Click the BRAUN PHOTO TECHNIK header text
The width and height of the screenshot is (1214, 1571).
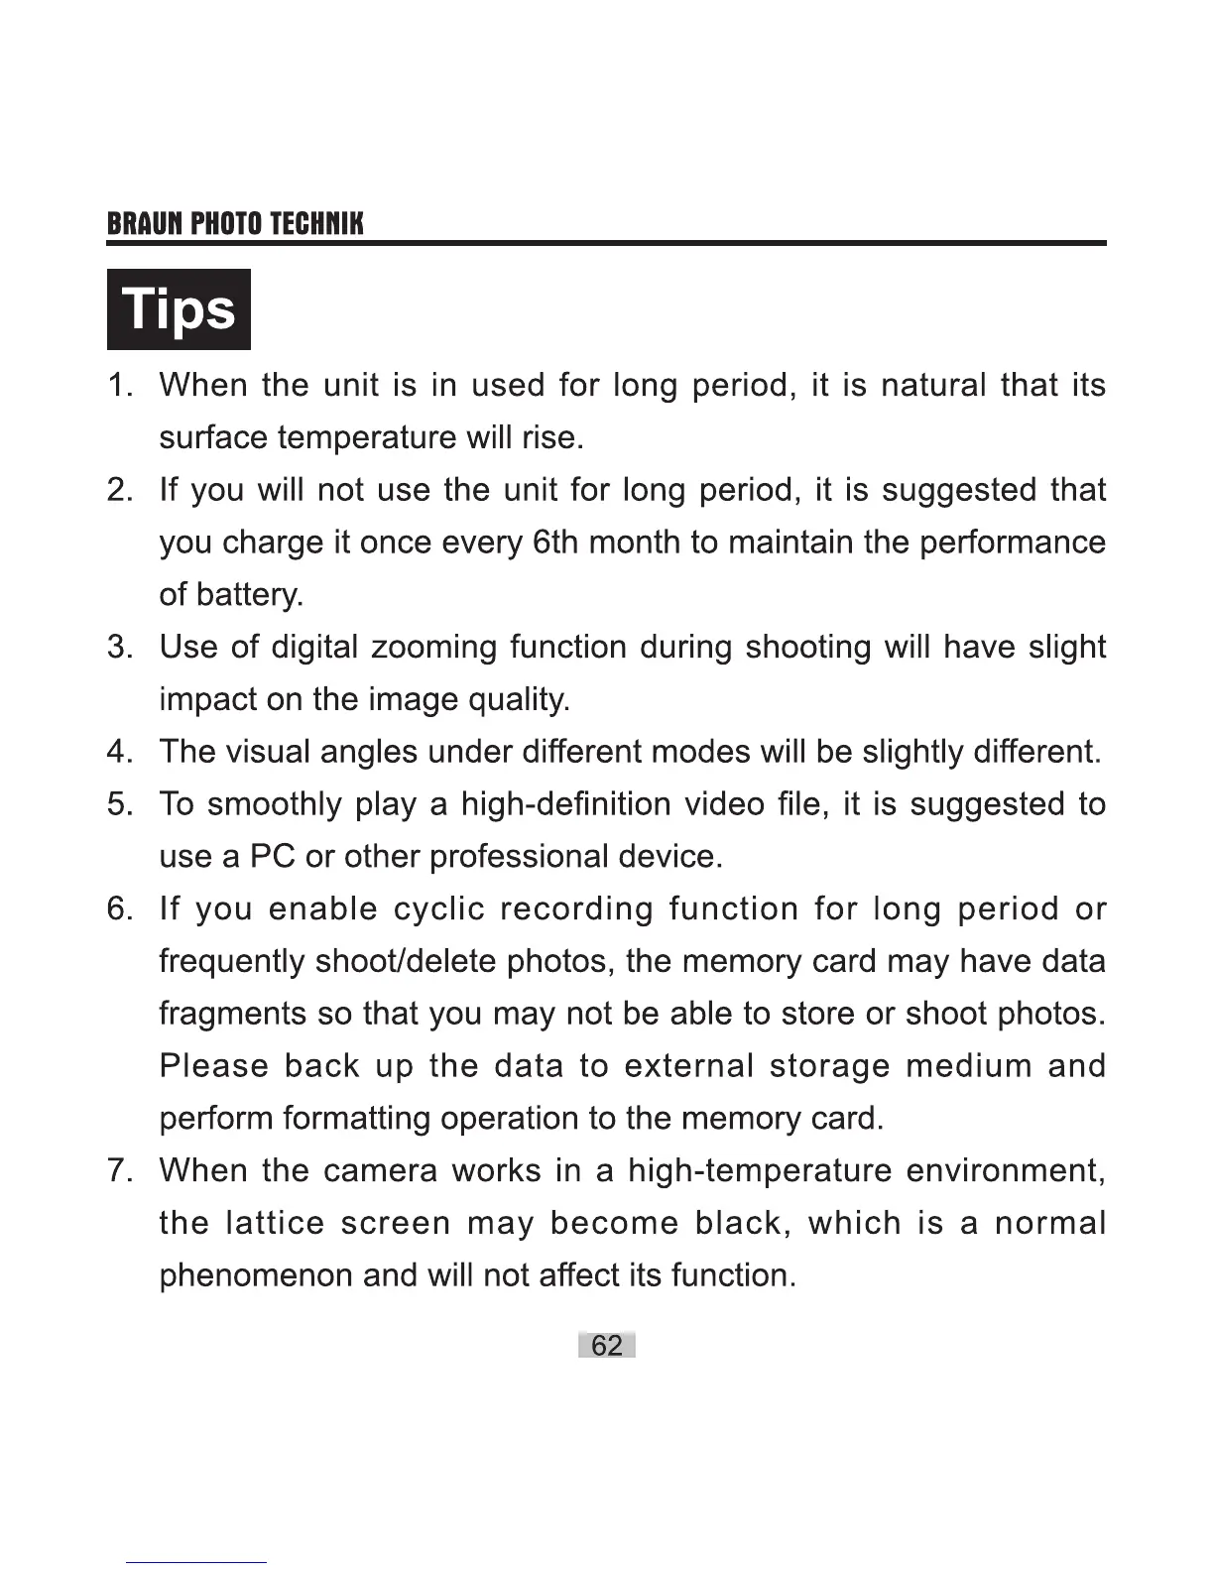point(235,223)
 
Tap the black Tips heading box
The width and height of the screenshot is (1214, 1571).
point(179,309)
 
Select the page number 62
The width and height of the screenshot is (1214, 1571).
point(606,1345)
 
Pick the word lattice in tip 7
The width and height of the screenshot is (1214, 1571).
point(275,1223)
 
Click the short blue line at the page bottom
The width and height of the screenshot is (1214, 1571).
point(195,1563)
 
